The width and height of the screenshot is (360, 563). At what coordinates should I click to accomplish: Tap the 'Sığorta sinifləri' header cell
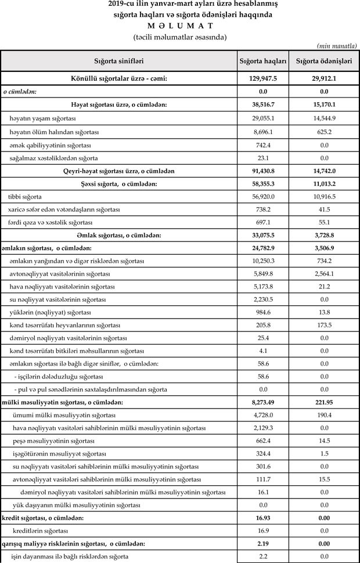(x=119, y=60)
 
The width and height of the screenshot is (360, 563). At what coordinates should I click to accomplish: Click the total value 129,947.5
(x=263, y=78)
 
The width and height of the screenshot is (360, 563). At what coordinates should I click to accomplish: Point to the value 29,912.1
(x=324, y=78)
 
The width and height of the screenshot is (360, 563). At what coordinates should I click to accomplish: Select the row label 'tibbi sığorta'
(x=25, y=197)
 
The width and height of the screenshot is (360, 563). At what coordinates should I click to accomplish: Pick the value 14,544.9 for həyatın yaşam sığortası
(x=324, y=118)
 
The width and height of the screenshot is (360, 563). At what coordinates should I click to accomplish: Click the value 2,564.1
(x=324, y=273)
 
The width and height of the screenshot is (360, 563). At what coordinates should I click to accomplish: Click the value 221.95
(x=324, y=402)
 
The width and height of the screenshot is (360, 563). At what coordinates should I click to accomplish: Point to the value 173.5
(x=324, y=325)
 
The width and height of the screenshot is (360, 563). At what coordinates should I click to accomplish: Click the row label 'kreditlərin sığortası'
(x=41, y=531)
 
